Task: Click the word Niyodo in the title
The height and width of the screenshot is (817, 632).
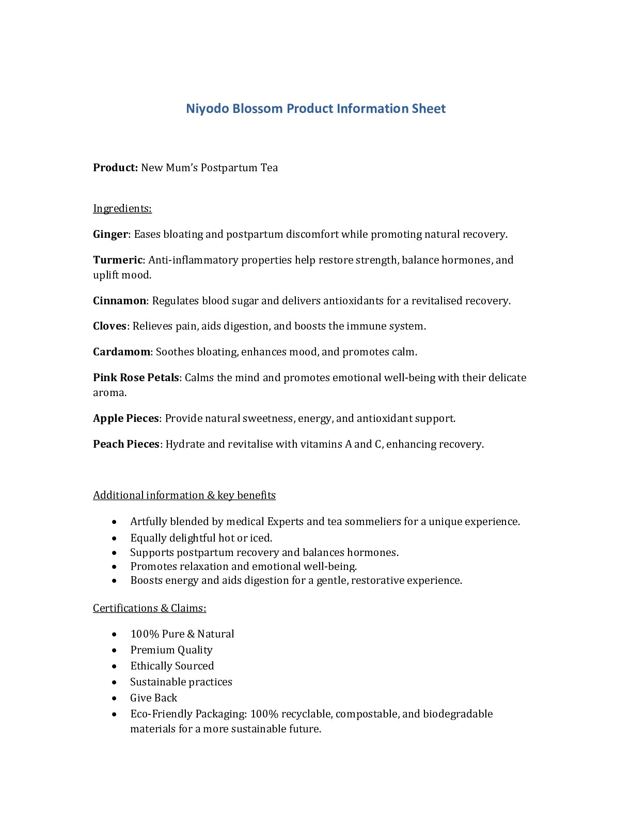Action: pos(208,109)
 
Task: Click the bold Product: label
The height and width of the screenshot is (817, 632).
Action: pos(115,168)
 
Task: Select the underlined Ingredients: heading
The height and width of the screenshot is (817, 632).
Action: pos(122,208)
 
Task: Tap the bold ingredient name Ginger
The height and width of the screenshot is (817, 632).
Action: pos(110,234)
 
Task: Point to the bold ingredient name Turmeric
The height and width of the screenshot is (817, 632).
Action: pos(117,260)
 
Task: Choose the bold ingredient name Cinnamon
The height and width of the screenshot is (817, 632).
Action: pos(119,301)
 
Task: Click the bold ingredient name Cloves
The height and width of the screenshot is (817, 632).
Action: pos(109,326)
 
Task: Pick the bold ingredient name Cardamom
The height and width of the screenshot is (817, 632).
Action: pos(121,352)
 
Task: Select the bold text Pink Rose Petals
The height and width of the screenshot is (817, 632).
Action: pos(136,378)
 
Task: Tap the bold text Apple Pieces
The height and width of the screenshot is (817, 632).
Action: pos(125,418)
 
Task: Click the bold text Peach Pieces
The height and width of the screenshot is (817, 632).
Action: pos(126,444)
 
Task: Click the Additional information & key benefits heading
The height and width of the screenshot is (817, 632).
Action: pos(184,495)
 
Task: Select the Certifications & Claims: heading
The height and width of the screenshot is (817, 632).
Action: pos(149,608)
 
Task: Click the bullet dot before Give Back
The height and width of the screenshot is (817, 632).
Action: pos(114,698)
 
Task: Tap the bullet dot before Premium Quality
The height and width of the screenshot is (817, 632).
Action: pos(114,650)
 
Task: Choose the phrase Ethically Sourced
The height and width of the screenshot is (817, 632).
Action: pos(172,666)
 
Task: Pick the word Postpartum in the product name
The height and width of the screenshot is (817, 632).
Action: pos(229,168)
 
